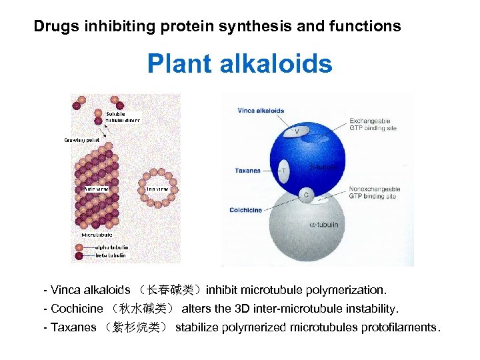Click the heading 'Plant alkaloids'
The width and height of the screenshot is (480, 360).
239,64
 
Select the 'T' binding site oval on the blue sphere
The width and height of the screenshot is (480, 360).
284,170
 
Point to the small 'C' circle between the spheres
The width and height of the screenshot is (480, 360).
306,195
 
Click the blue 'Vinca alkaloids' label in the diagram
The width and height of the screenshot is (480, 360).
261,111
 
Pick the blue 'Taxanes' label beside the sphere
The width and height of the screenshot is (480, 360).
247,171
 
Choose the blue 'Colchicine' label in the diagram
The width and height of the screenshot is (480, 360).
245,211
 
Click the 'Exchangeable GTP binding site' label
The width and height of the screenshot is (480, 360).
373,125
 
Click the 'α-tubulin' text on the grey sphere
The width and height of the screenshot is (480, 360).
324,225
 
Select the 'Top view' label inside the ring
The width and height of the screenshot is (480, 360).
157,189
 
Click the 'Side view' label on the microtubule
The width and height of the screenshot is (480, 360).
97,189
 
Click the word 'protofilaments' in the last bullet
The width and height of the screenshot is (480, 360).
399,328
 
